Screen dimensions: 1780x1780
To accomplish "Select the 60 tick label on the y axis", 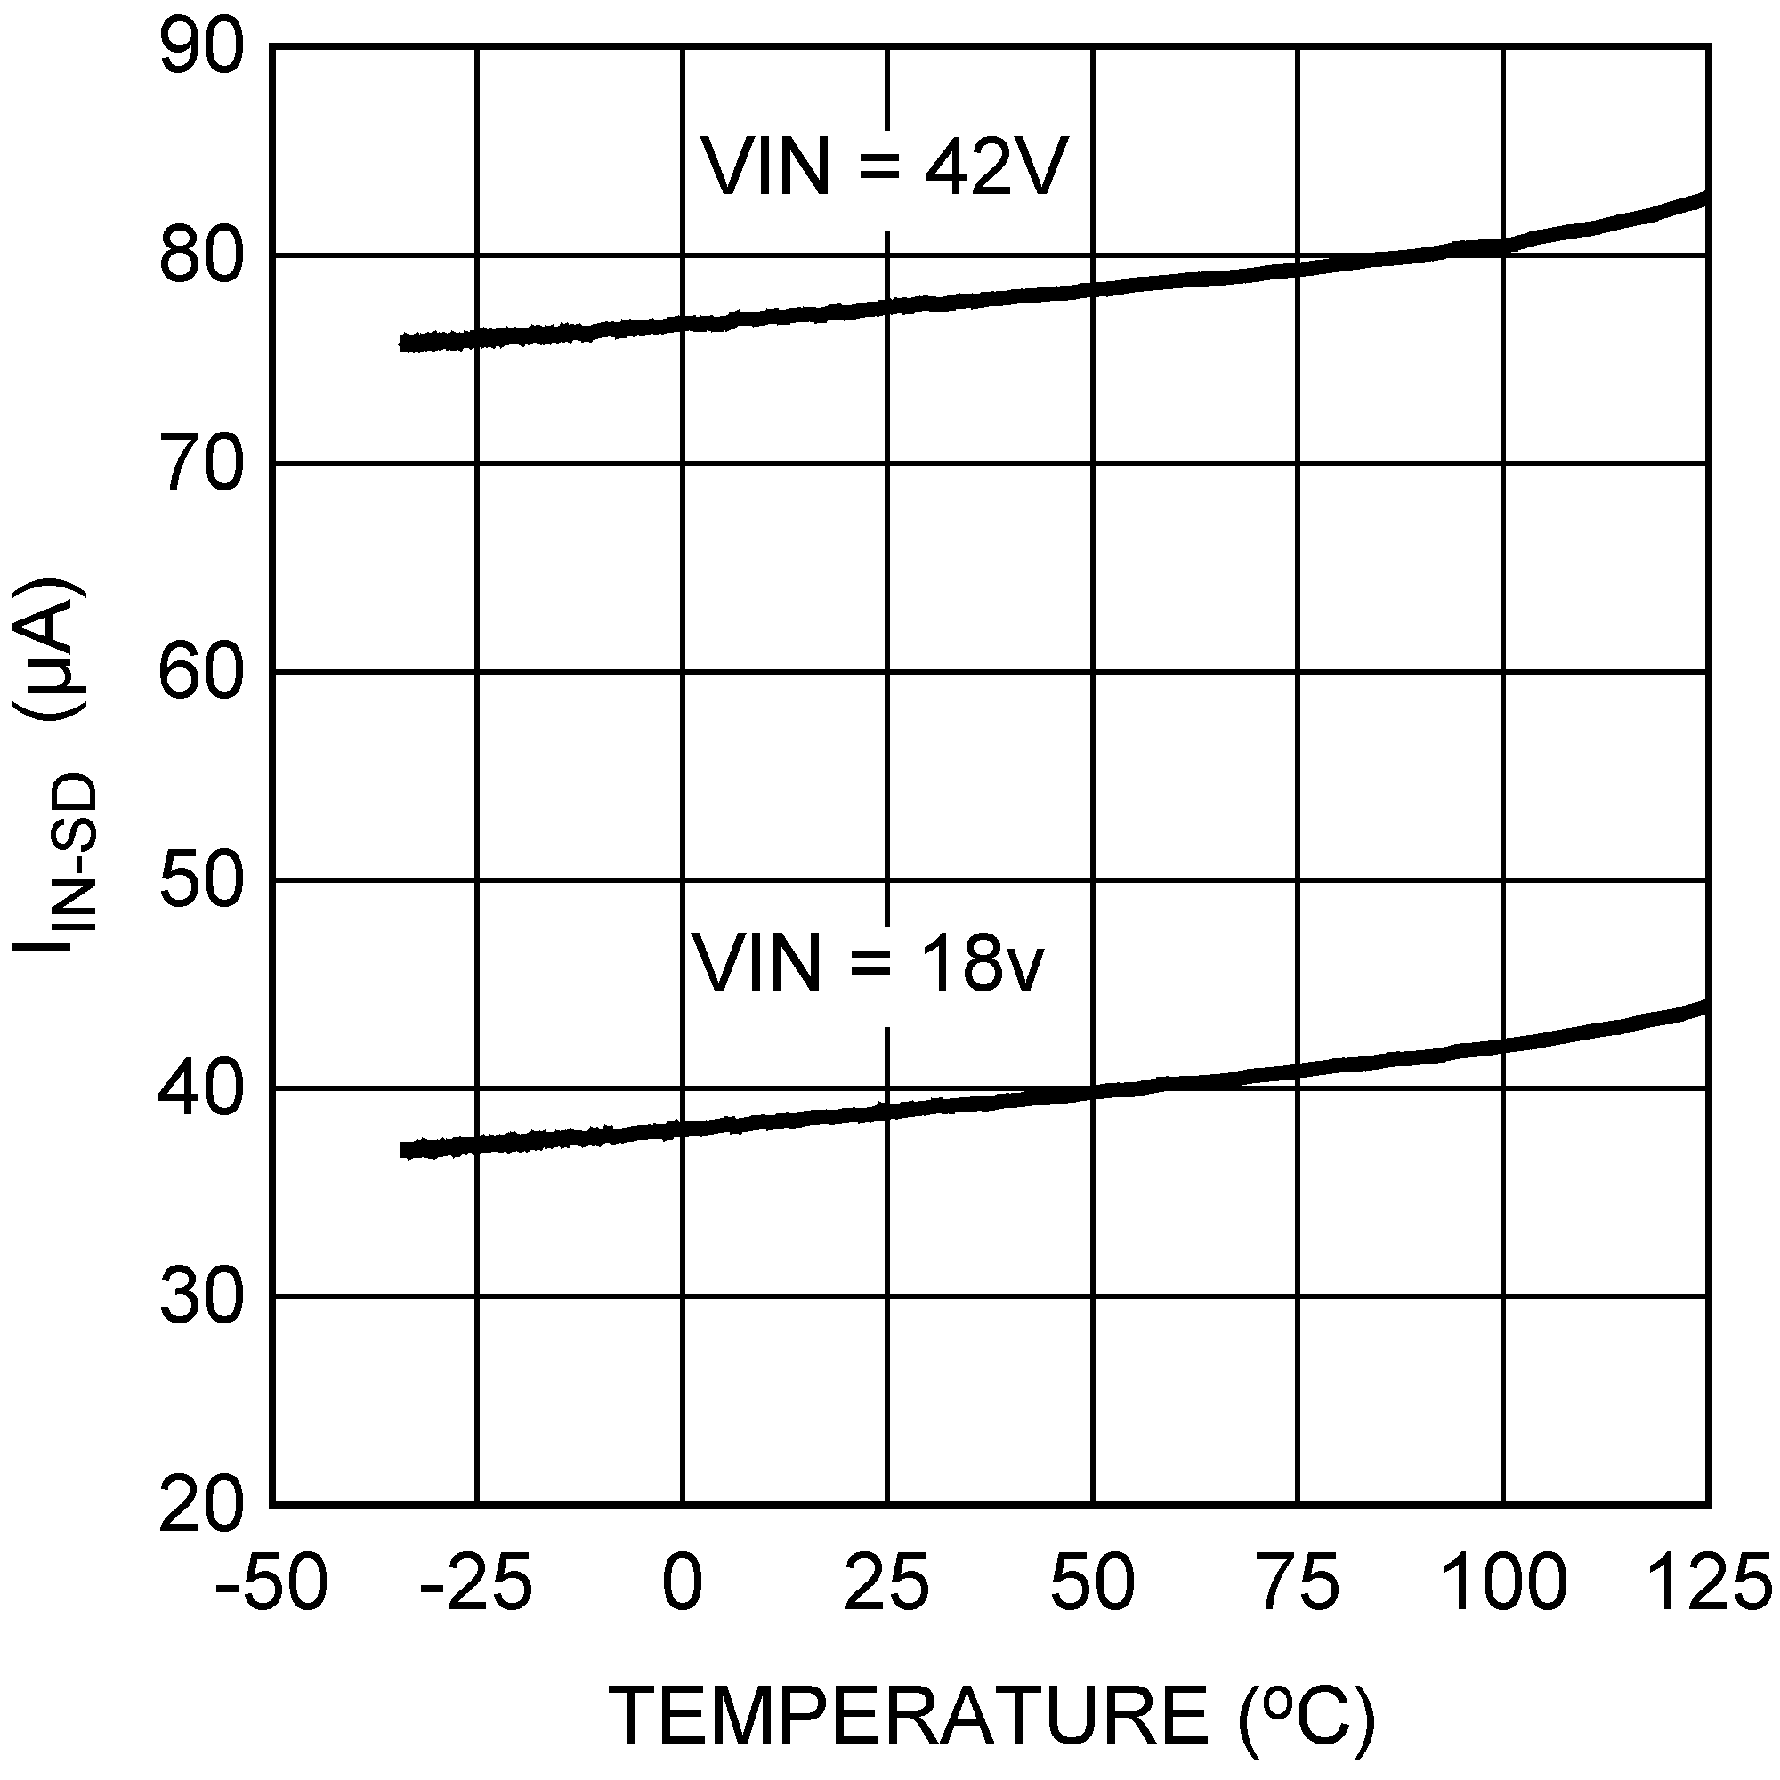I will pos(202,673).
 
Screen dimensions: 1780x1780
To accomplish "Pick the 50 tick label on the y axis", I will pos(202,881).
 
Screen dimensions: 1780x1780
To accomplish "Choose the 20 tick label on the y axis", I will pos(202,1507).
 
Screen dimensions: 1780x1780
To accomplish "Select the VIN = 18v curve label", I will pos(868,964).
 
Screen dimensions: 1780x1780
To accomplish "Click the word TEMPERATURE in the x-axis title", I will pos(908,1716).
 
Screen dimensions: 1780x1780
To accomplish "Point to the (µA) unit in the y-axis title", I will pos(53,649).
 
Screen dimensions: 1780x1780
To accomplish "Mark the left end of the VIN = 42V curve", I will pos(403,343).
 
